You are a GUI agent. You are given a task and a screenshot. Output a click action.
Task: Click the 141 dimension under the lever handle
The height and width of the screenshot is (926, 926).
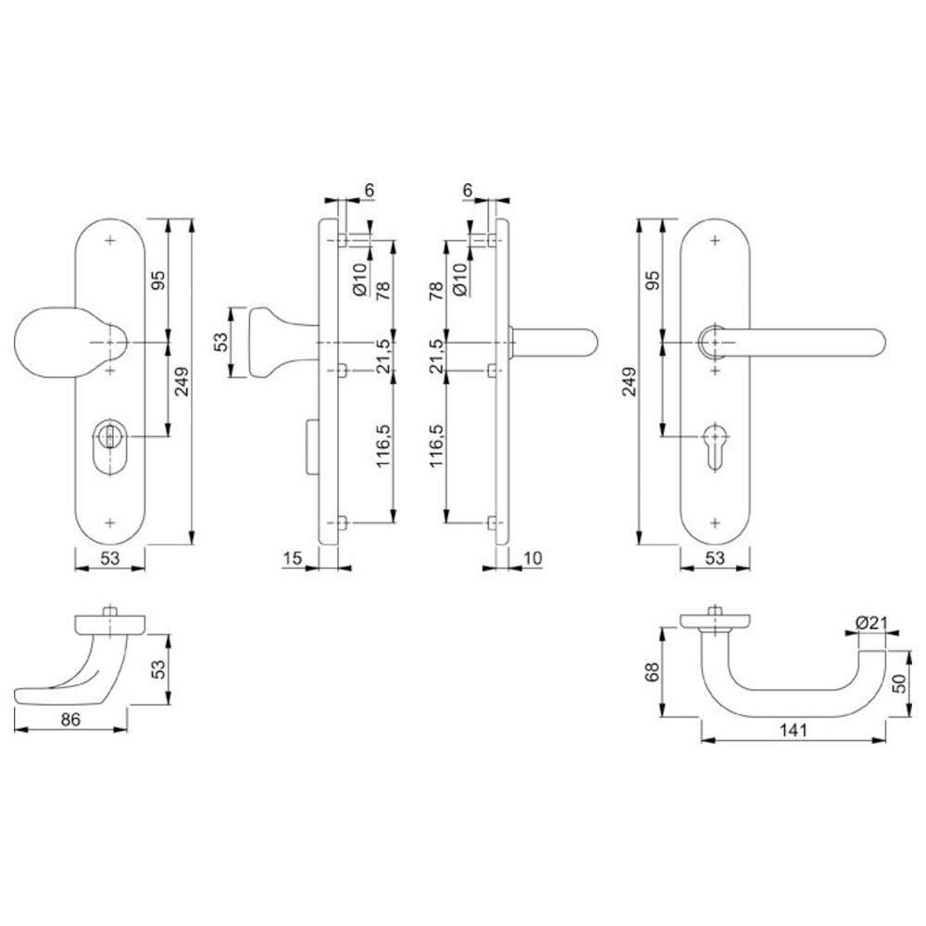pyautogui.click(x=793, y=730)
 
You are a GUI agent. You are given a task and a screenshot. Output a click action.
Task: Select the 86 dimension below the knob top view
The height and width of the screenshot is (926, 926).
pyautogui.click(x=70, y=719)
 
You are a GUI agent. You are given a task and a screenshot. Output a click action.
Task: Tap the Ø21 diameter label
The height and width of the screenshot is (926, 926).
pyautogui.click(x=871, y=622)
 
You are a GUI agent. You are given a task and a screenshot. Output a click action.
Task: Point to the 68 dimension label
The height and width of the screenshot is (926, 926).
pyautogui.click(x=652, y=672)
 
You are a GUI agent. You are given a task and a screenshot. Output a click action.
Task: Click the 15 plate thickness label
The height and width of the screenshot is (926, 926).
pyautogui.click(x=293, y=557)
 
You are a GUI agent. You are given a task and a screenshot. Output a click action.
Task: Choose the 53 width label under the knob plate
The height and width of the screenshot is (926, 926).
pyautogui.click(x=110, y=557)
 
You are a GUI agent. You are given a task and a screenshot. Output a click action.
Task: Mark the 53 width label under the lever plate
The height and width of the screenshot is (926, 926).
pyautogui.click(x=715, y=557)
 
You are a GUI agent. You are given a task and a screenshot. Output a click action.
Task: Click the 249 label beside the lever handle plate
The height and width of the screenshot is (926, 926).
pyautogui.click(x=630, y=382)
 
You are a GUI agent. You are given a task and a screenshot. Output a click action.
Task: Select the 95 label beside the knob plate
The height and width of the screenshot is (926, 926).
pyautogui.click(x=159, y=280)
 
